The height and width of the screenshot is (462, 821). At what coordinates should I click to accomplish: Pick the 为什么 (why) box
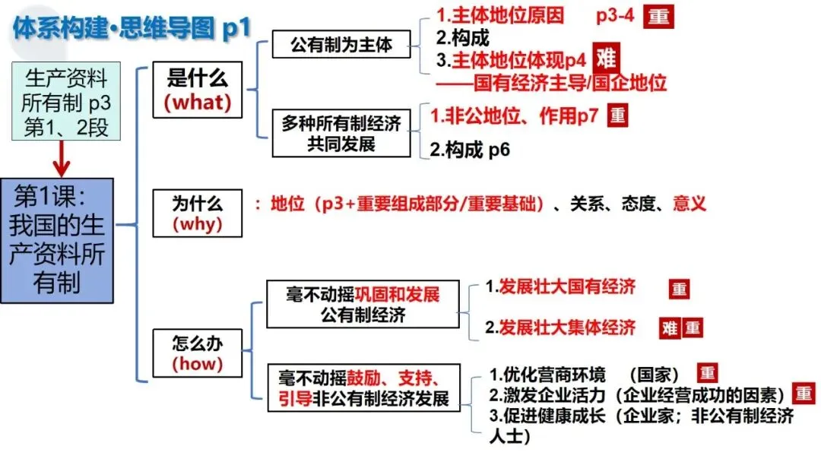coord(197,214)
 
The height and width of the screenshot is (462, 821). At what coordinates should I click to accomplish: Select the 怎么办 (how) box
coord(197,352)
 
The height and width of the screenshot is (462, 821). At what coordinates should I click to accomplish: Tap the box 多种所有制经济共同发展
coord(341,132)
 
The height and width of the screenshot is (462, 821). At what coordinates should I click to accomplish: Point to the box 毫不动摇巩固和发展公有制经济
coord(363,304)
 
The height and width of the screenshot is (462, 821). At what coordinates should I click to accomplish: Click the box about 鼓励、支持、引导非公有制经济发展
coord(363,388)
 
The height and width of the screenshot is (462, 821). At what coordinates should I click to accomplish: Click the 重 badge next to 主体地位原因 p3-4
coord(659,17)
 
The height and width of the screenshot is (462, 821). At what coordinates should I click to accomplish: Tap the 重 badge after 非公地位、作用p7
coord(618,115)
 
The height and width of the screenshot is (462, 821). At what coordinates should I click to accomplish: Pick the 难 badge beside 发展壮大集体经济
coord(669,328)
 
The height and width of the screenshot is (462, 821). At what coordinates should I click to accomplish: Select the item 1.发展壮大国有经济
coord(560,287)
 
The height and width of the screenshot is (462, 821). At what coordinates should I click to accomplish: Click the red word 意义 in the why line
coord(689,204)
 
